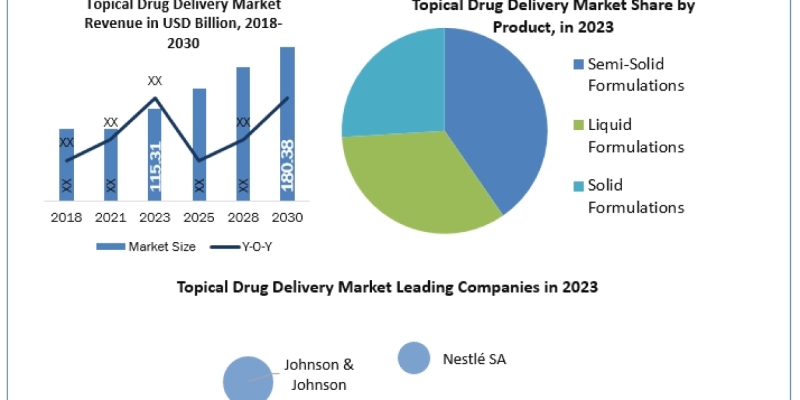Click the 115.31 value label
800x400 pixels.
click(x=155, y=167)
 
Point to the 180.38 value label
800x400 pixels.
click(x=288, y=164)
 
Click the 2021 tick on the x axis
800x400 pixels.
click(x=111, y=217)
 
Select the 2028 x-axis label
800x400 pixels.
click(x=243, y=217)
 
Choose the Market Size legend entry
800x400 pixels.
click(x=147, y=247)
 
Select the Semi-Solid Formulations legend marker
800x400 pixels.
click(x=578, y=65)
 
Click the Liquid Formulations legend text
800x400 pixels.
click(x=635, y=135)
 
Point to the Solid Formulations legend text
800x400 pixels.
click(x=635, y=196)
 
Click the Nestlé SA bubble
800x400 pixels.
click(x=414, y=358)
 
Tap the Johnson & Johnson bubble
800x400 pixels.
click(x=248, y=379)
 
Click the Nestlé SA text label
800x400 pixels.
click(x=475, y=359)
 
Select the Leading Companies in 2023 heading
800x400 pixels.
click(x=387, y=287)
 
